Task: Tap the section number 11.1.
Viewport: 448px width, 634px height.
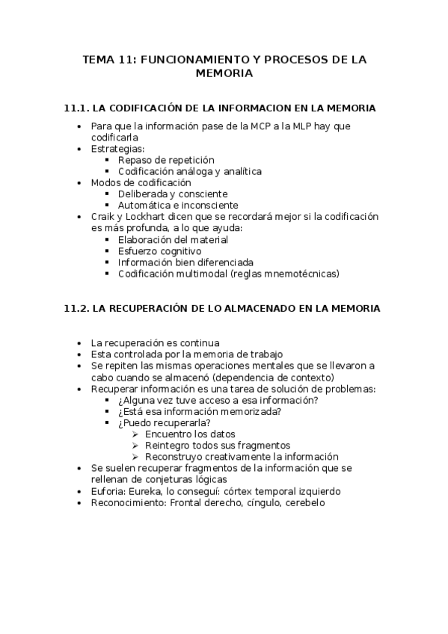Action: [x=77, y=108]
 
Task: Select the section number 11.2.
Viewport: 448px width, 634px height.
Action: [x=77, y=308]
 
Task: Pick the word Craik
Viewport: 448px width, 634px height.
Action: [x=103, y=217]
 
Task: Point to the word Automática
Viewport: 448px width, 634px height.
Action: [x=144, y=206]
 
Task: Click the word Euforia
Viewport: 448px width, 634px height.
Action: [x=107, y=491]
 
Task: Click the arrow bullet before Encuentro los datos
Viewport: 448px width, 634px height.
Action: [x=135, y=434]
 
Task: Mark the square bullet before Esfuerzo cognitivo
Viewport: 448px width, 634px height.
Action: [x=108, y=251]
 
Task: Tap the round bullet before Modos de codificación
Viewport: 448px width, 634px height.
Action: [x=81, y=182]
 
